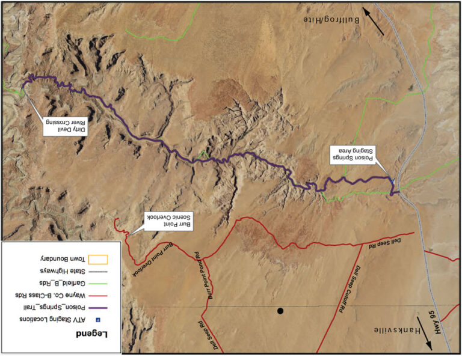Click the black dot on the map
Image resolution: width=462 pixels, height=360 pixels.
click(x=280, y=311)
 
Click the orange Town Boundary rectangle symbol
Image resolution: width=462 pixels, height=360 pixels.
click(x=97, y=259)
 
